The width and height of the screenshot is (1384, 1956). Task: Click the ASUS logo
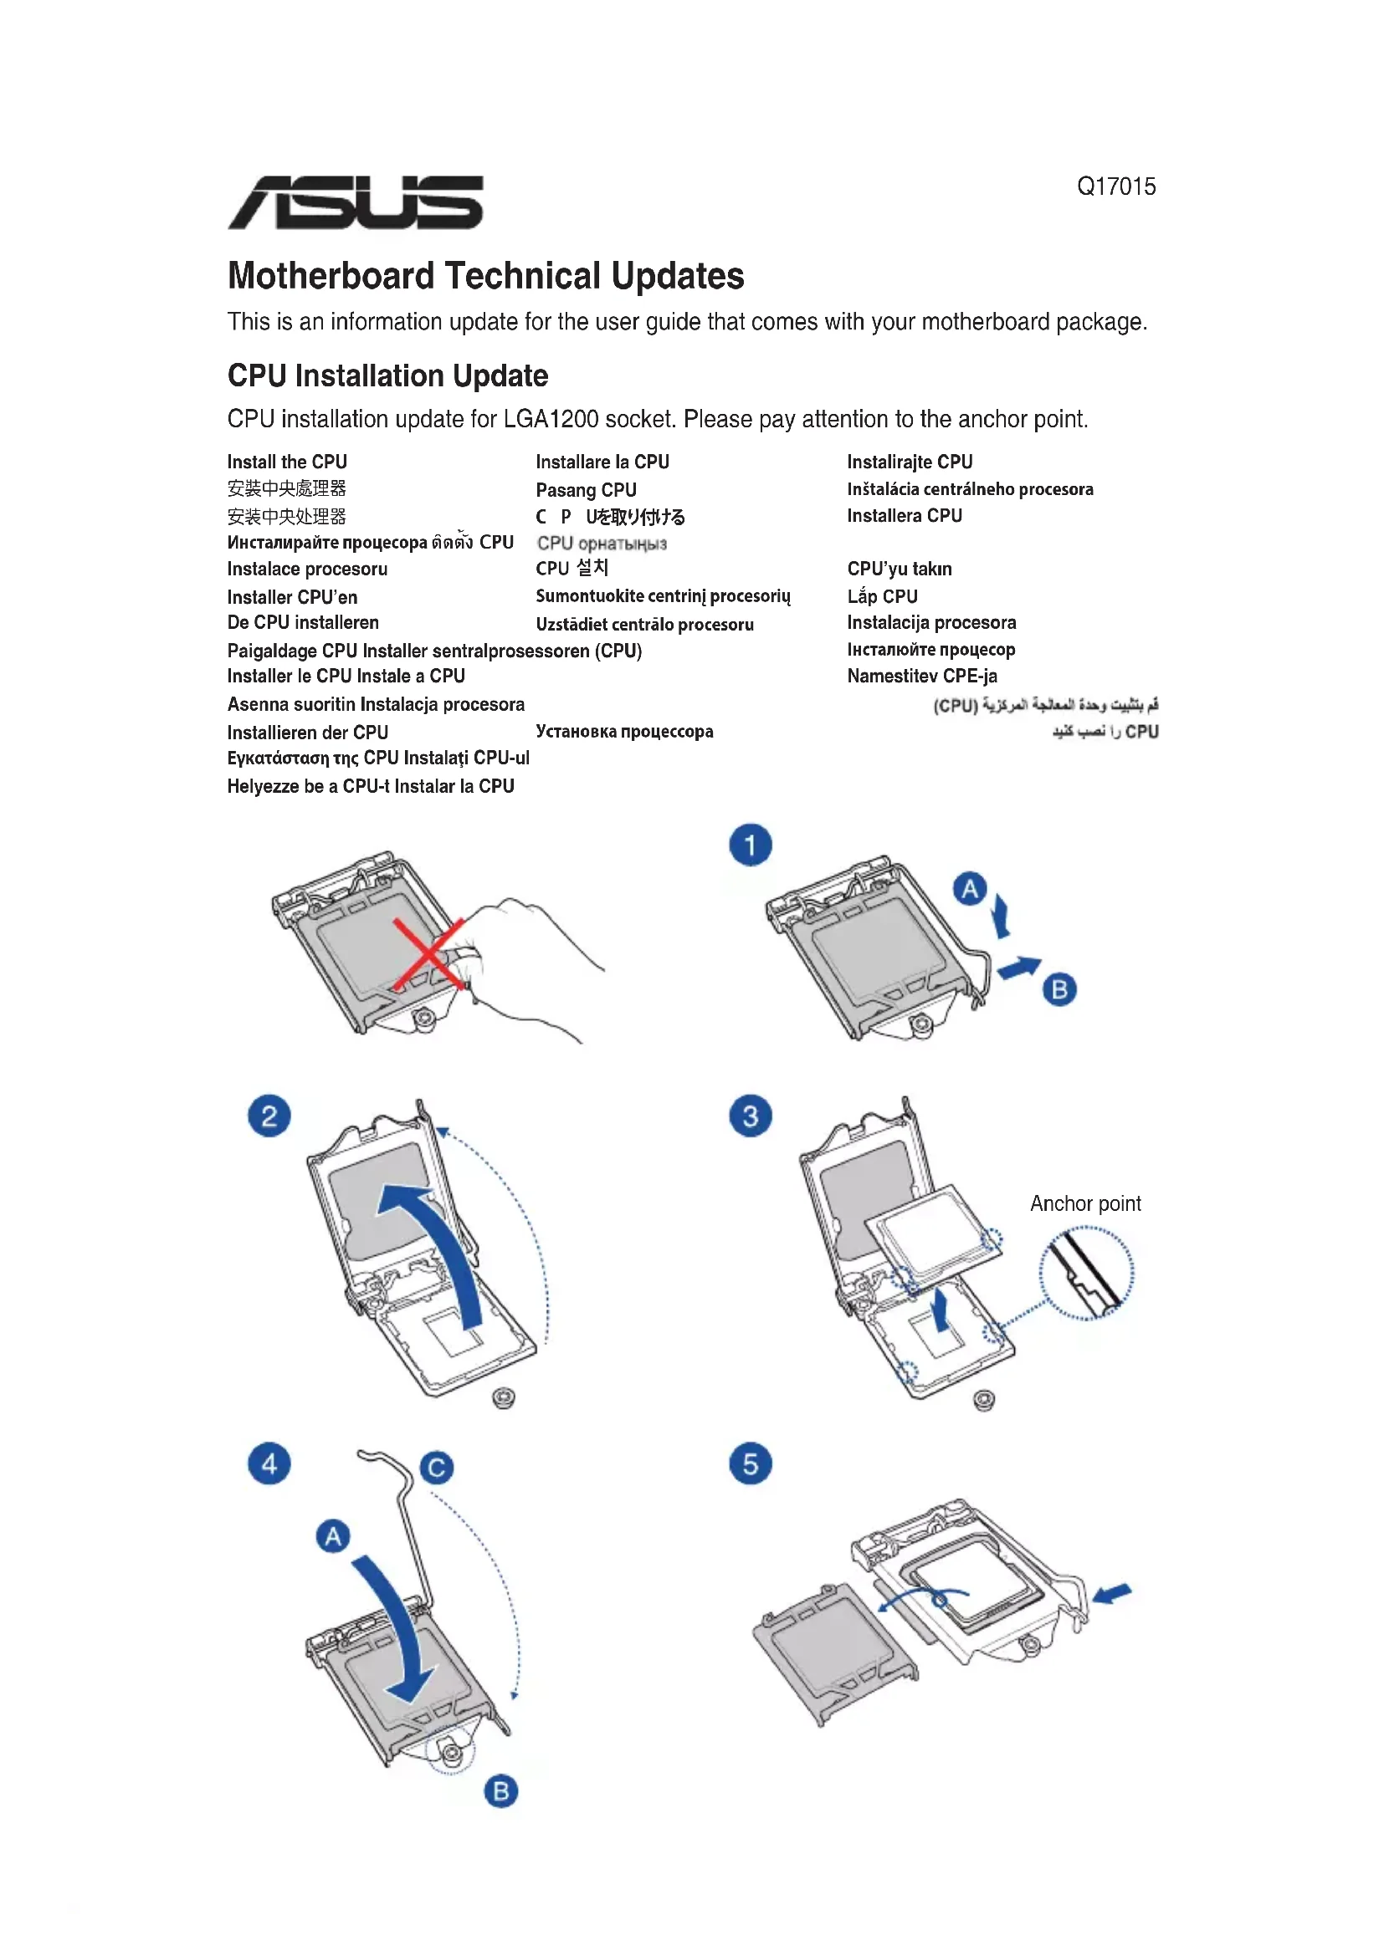point(356,202)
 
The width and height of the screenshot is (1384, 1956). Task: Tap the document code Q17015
point(1115,186)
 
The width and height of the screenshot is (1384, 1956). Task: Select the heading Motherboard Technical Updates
point(486,276)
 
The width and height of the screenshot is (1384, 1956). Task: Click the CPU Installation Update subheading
point(387,375)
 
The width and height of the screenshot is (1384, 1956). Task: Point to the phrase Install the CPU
point(287,462)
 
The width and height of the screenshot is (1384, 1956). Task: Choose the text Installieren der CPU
point(308,733)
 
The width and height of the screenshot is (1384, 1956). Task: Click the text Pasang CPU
point(587,490)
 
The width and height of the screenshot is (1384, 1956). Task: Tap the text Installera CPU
point(905,515)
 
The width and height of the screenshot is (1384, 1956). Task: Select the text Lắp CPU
point(882,596)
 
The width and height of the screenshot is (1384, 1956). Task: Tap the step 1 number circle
point(750,845)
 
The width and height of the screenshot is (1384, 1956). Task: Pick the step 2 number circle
point(269,1116)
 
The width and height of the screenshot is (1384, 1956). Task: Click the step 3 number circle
point(750,1116)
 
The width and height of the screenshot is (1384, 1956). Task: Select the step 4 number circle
point(269,1463)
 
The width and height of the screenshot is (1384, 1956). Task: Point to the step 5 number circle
point(750,1463)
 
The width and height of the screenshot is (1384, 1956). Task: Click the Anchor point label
point(1085,1203)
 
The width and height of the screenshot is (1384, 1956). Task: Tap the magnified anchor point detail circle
point(1087,1274)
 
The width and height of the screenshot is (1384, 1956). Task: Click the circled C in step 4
point(437,1467)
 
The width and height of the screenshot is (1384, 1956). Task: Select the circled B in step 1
point(1059,990)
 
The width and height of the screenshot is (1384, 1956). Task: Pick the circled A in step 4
point(333,1537)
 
